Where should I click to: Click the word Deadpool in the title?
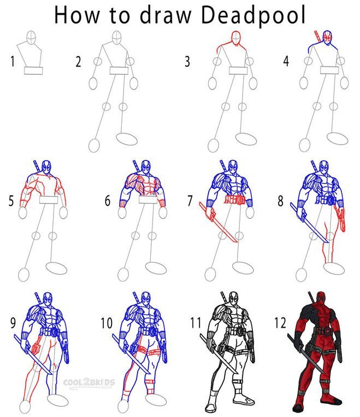(x=253, y=15)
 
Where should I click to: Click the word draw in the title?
(x=166, y=15)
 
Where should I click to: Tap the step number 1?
(x=12, y=61)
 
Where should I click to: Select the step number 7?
(x=190, y=201)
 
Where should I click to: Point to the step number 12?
(x=280, y=323)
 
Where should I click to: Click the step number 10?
(x=107, y=323)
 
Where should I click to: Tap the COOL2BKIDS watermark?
(x=89, y=383)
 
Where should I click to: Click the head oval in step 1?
(x=31, y=38)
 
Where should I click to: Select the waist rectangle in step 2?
(x=119, y=71)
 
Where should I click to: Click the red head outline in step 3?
(x=236, y=38)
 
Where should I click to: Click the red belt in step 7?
(x=235, y=200)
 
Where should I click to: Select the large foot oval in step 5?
(x=56, y=268)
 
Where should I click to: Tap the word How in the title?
(x=76, y=15)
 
